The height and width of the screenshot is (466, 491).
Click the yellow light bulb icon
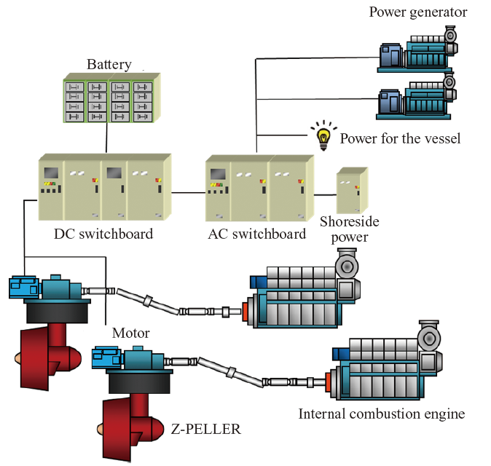point(322,138)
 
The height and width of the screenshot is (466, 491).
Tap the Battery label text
point(109,64)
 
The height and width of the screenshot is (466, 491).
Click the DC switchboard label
point(103,234)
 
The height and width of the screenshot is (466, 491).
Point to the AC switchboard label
point(257,234)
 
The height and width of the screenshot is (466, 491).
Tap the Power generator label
point(418,12)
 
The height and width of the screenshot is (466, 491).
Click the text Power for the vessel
point(400,138)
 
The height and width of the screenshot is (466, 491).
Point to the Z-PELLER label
point(206,429)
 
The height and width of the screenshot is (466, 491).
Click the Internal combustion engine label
point(381,414)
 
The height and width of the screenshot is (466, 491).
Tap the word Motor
point(131,333)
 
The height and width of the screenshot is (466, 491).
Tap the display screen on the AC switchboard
point(217,174)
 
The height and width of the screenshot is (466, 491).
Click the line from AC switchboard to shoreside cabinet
point(325,195)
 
